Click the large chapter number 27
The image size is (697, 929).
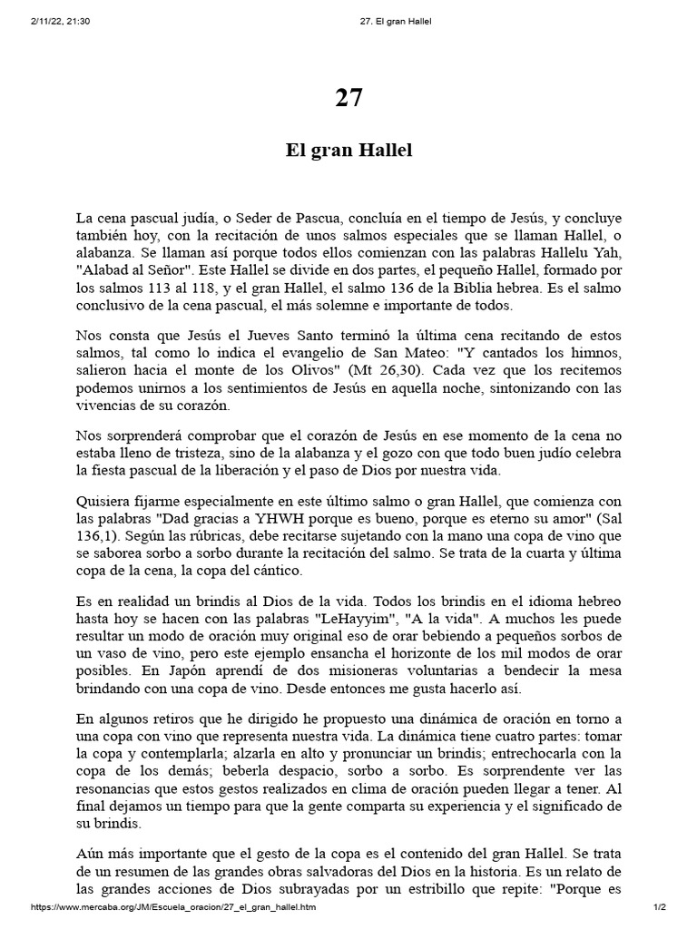pos(348,99)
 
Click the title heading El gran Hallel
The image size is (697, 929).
pos(348,150)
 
